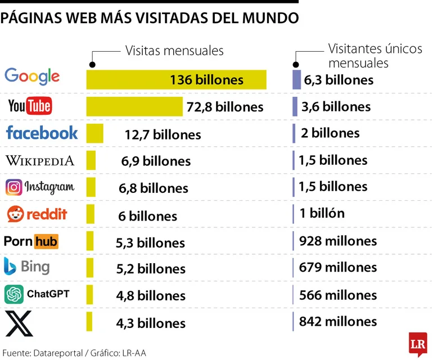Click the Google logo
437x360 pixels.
coord(32,76)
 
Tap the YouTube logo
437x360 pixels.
coord(30,105)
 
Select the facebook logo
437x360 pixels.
coord(42,133)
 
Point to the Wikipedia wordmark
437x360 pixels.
coord(40,160)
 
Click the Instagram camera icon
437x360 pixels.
coord(14,187)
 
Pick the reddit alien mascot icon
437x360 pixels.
coord(15,214)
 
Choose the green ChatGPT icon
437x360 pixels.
coord(14,294)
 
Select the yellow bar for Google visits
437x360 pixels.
coord(176,79)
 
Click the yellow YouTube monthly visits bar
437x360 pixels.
coord(134,106)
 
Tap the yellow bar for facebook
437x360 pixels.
coord(94,134)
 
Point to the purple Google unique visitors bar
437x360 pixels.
coord(296,79)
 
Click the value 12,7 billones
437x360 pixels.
coord(163,134)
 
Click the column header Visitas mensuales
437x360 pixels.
coord(174,51)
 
